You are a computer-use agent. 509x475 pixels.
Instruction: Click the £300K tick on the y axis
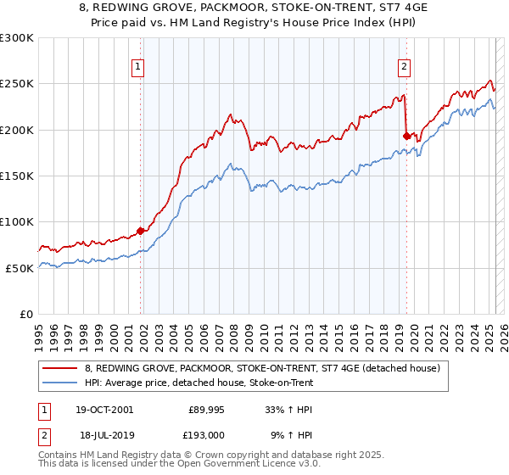tap(16, 38)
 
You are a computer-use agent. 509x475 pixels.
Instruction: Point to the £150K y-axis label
tap(16, 176)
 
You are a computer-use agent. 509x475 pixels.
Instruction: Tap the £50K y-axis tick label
tap(20, 268)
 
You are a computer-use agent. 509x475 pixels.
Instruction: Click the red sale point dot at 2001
tap(141, 231)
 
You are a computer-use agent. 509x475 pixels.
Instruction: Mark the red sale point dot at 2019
tap(406, 136)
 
